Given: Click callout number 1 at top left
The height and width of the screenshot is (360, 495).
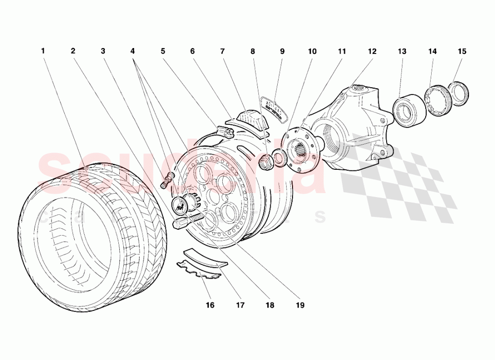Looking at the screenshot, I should pyautogui.click(x=43, y=51).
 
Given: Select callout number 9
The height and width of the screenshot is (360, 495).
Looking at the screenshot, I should pyautogui.click(x=282, y=51).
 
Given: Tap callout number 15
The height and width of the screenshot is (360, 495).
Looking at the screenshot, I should pyautogui.click(x=462, y=51).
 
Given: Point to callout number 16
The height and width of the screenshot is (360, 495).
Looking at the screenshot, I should pyautogui.click(x=210, y=305).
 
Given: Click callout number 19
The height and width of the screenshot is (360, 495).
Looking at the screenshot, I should pyautogui.click(x=300, y=305).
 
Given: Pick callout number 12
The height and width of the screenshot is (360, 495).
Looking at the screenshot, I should pyautogui.click(x=372, y=51).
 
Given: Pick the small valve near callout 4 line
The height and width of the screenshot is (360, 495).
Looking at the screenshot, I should pyautogui.click(x=167, y=180).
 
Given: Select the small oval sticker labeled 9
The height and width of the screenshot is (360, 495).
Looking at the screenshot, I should pyautogui.click(x=275, y=108).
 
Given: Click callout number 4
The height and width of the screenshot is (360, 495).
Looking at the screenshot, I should pyautogui.click(x=133, y=51).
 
